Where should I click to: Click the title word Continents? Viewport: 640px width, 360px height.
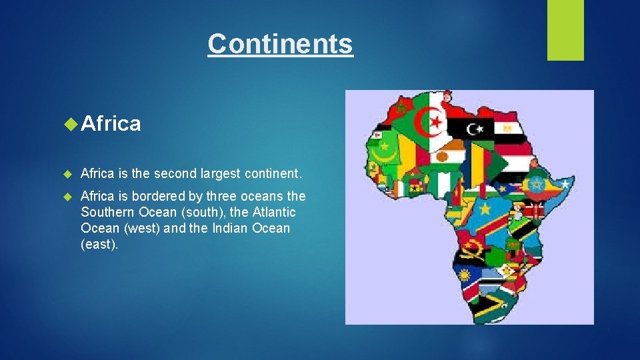280,44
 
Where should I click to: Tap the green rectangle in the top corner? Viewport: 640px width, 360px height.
565,30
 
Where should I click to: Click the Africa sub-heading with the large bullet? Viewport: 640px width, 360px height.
111,123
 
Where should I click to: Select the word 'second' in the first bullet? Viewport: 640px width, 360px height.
175,174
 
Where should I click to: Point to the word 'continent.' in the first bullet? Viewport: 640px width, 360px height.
274,174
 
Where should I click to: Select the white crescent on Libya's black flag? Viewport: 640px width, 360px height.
475,127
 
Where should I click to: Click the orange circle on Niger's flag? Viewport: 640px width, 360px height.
443,157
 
